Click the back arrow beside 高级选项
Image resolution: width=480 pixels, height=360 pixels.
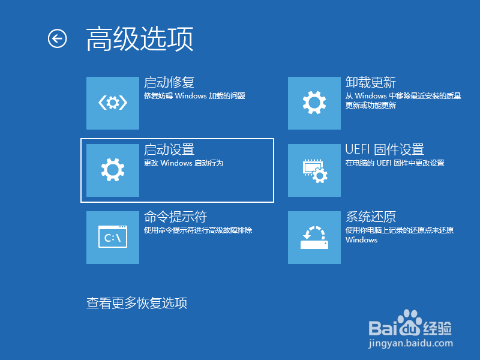click(57, 38)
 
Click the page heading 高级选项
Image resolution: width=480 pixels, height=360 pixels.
click(140, 39)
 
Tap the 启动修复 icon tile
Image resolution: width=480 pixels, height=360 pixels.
click(113, 103)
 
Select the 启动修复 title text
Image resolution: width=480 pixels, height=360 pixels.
click(169, 83)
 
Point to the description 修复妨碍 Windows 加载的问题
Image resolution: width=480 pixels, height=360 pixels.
click(194, 96)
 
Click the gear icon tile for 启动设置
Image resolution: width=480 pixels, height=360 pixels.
click(113, 170)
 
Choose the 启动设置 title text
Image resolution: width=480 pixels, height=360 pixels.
click(169, 150)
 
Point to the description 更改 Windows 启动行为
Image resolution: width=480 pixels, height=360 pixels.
click(184, 163)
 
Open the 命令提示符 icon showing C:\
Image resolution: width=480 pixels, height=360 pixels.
click(113, 238)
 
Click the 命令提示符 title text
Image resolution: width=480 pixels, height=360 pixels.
click(175, 217)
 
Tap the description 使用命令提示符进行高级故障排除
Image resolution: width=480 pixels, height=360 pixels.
click(198, 230)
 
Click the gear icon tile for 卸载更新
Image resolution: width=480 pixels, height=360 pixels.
click(314, 103)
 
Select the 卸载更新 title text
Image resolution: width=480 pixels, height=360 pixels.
click(371, 83)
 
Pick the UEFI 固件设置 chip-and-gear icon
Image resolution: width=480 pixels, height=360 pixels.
click(314, 170)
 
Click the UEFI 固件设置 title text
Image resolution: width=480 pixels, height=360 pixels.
click(385, 150)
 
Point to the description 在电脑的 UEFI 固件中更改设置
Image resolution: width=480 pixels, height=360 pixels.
click(395, 163)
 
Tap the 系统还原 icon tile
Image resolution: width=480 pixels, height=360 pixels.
click(314, 238)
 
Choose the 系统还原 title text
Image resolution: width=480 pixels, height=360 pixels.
click(371, 217)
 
